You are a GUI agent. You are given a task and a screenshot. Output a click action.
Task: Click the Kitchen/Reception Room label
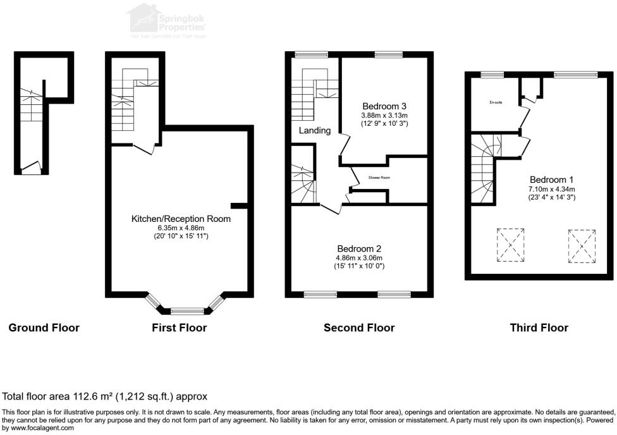tap(180, 219)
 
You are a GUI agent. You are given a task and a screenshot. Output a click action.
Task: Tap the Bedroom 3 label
tap(384, 106)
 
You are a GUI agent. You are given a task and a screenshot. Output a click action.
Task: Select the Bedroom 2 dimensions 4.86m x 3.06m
tap(359, 258)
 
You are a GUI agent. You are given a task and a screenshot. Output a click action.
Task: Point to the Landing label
tap(315, 131)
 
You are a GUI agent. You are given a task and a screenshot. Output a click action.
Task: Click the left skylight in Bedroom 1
tap(510, 245)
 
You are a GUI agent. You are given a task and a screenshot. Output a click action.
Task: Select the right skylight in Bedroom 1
tap(582, 246)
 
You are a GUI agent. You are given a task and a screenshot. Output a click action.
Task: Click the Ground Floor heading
tap(44, 328)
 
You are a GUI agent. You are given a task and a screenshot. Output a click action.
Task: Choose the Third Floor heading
tap(539, 328)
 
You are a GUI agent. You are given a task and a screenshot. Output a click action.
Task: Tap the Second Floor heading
tap(359, 328)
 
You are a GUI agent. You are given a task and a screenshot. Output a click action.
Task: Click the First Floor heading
tap(179, 328)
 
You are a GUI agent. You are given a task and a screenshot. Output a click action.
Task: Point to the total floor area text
tap(105, 397)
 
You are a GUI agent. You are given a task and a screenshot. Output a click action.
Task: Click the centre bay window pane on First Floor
tap(183, 310)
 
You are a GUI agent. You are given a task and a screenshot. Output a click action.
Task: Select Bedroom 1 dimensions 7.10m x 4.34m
tap(552, 188)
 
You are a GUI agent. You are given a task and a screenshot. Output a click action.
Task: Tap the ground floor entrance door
tap(30, 169)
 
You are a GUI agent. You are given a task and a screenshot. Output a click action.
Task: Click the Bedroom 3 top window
tap(388, 54)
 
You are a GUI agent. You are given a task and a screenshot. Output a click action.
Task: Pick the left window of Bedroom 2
tap(321, 294)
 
